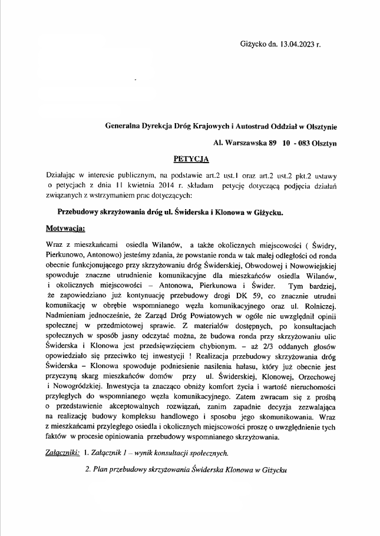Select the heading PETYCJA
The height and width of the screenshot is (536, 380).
coord(191,158)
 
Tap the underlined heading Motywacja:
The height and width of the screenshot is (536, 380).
coord(65,227)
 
